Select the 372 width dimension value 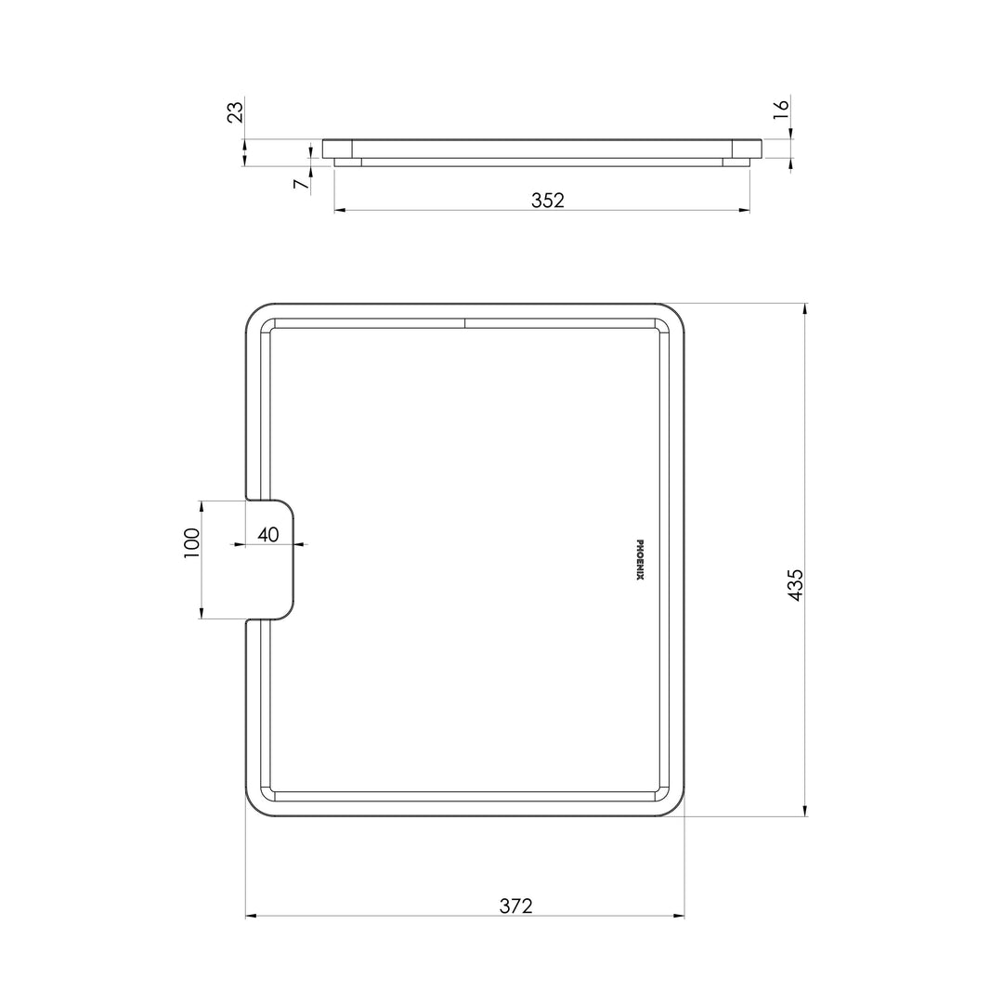515,905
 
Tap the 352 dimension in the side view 548,200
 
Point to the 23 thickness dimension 236,111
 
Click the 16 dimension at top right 781,107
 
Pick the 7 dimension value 300,184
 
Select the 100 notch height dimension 192,541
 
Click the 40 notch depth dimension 268,535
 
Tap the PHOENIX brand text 640,560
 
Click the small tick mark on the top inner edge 464,323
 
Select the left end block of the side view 337,149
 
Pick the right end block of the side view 747,149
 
